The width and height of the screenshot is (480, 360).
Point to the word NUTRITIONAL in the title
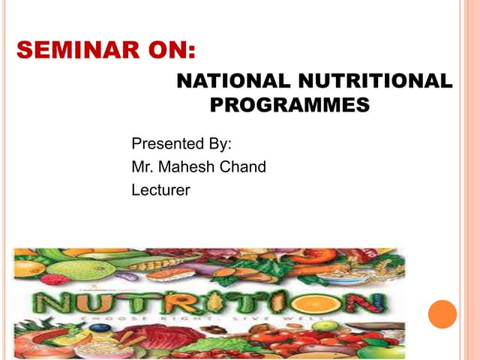[372, 81]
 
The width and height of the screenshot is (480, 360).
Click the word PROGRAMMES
[289, 105]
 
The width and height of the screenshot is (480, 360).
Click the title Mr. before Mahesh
[142, 166]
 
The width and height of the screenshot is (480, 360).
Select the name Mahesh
[184, 166]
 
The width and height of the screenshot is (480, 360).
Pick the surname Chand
[242, 166]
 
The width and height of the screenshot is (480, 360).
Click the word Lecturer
[160, 190]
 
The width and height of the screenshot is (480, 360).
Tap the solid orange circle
[442, 314]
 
